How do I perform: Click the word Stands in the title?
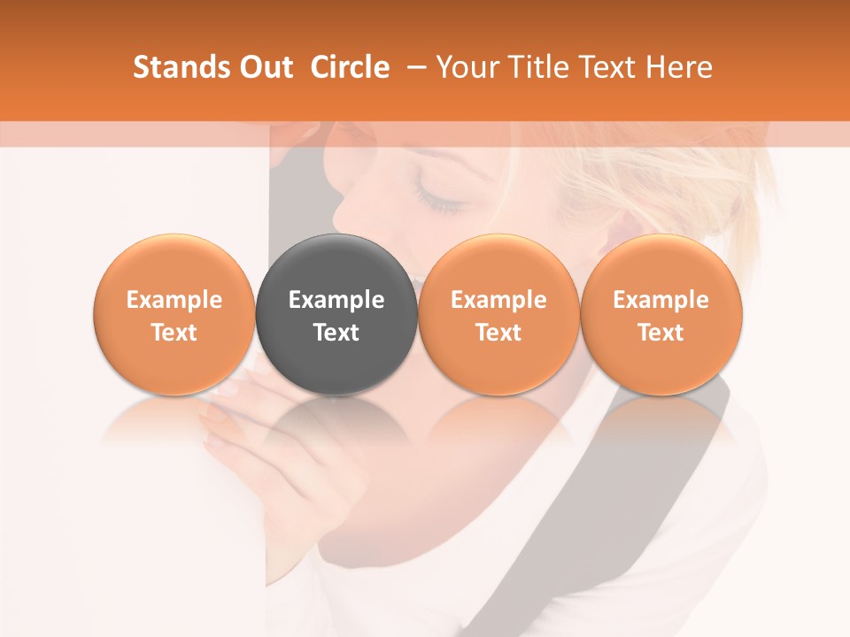pyautogui.click(x=182, y=67)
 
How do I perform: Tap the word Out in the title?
pyautogui.click(x=266, y=67)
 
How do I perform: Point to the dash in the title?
pyautogui.click(x=413, y=68)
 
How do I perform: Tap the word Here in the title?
pyautogui.click(x=680, y=67)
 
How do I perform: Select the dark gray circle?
pyautogui.click(x=336, y=265)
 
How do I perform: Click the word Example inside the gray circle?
pyautogui.click(x=336, y=300)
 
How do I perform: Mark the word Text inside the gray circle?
pyautogui.click(x=336, y=333)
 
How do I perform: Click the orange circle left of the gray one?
pyautogui.click(x=174, y=265)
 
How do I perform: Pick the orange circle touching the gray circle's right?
pyautogui.click(x=498, y=265)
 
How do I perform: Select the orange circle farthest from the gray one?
pyautogui.click(x=661, y=265)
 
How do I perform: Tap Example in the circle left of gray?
pyautogui.click(x=174, y=300)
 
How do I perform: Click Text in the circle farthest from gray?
pyautogui.click(x=661, y=333)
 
